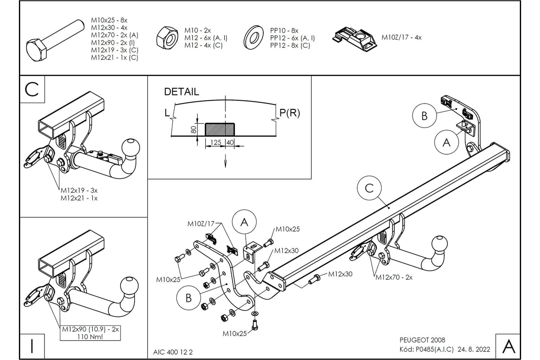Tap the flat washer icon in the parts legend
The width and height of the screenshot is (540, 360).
(254, 37)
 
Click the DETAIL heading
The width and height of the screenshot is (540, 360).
(181, 92)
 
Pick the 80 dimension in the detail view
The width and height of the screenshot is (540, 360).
(193, 129)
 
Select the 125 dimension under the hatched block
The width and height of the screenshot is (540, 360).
(216, 143)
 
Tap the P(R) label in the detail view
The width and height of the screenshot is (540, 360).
(289, 113)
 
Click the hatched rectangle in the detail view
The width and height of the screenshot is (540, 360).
(220, 129)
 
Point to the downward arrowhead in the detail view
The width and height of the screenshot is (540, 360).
(225, 163)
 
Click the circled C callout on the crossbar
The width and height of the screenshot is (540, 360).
(369, 188)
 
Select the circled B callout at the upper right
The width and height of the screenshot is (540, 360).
(424, 116)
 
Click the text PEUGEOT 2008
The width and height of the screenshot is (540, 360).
(422, 340)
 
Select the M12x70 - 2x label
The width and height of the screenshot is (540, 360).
(394, 277)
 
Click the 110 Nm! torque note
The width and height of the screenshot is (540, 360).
(90, 337)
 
